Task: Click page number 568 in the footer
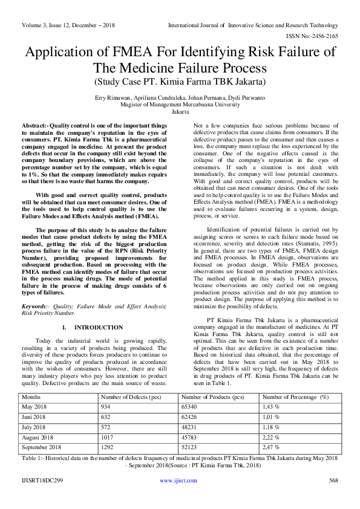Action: pyautogui.click(x=333, y=481)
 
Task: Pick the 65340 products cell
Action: pyautogui.click(x=191, y=407)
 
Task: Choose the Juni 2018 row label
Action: pyautogui.click(x=35, y=417)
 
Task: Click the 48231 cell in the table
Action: pyautogui.click(x=191, y=427)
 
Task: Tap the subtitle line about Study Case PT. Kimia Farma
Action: pyautogui.click(x=180, y=80)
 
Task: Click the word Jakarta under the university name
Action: pyautogui.click(x=180, y=112)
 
